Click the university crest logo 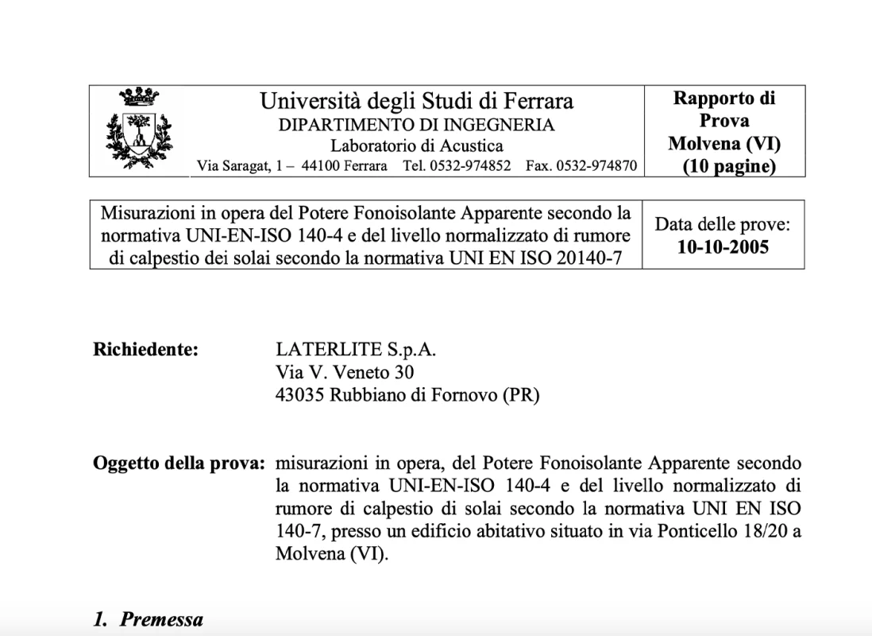138,129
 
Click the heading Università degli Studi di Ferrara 417,102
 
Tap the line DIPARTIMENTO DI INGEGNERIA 417,125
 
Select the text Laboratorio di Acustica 417,145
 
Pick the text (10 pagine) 724,167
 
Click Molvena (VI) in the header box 724,144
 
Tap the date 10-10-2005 723,246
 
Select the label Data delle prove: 723,224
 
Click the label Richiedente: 145,349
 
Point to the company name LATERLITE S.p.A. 356,349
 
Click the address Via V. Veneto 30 344,372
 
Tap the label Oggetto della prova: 179,463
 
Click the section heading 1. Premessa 149,620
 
